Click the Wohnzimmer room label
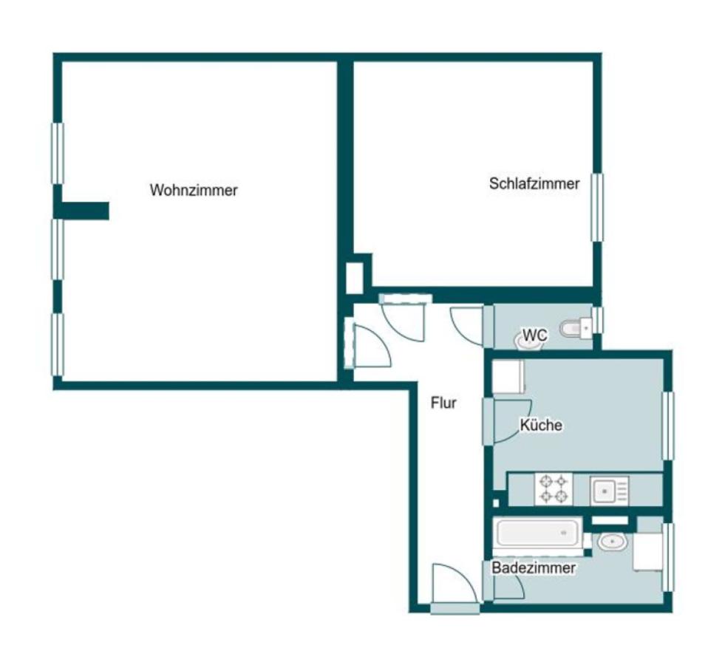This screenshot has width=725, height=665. tap(194, 190)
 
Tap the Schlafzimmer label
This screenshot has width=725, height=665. tap(534, 183)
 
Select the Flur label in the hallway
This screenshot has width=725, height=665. tap(443, 403)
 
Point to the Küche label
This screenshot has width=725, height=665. tap(541, 425)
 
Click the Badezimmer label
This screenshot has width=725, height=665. tap(533, 568)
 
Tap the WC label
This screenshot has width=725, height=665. tap(535, 335)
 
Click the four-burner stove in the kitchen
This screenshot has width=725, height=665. tap(554, 489)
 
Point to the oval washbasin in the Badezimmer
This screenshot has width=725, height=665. tap(612, 542)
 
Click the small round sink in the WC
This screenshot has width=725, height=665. tap(526, 342)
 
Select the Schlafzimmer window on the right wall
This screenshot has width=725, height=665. tap(597, 208)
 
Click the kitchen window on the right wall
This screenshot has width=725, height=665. tap(668, 426)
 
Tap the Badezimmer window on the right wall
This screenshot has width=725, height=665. tap(668, 557)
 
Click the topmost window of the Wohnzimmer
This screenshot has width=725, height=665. tap(58, 154)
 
